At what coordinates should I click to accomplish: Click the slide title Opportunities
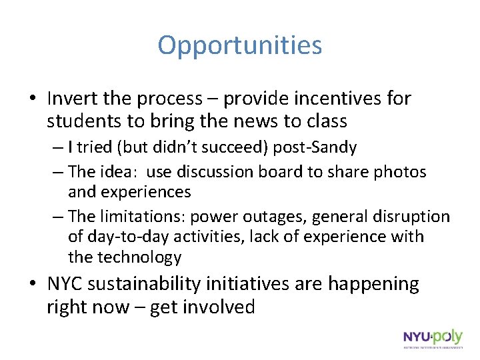240,45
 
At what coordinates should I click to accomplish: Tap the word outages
276,217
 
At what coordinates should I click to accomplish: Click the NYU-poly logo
432,339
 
